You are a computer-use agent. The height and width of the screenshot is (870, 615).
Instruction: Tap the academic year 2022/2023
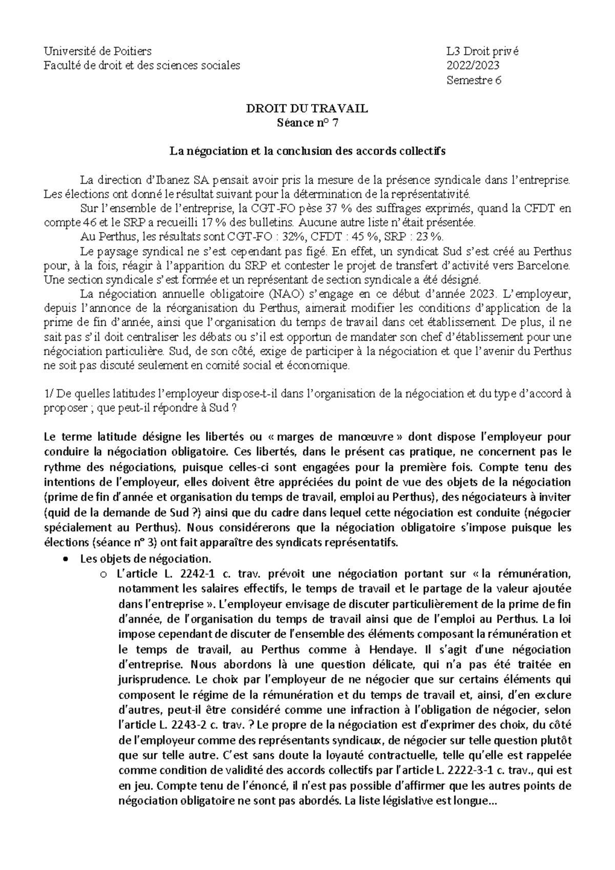(x=473, y=66)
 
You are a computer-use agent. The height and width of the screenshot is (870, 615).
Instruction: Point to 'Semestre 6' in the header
(x=474, y=80)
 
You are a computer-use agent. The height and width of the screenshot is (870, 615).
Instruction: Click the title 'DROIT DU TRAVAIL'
(x=307, y=109)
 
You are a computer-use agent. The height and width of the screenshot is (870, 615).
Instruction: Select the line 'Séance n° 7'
(x=307, y=123)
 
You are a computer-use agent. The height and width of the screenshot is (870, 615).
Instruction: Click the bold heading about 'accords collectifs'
(x=307, y=152)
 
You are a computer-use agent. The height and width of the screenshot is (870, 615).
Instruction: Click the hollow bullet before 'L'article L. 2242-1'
(x=104, y=574)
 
